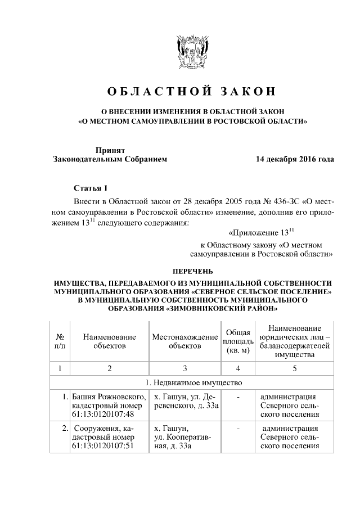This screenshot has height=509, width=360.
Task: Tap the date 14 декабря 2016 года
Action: pyautogui.click(x=294, y=159)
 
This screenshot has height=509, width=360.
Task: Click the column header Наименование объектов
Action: pyautogui.click(x=109, y=341)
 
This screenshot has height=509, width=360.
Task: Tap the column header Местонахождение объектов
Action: pyautogui.click(x=184, y=341)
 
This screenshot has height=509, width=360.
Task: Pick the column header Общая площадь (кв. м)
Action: pyautogui.click(x=237, y=341)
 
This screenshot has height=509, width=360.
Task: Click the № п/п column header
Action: pyautogui.click(x=60, y=341)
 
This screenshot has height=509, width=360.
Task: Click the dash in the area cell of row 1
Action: pyautogui.click(x=238, y=397)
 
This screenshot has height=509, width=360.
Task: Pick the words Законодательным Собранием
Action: pyautogui.click(x=110, y=159)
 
